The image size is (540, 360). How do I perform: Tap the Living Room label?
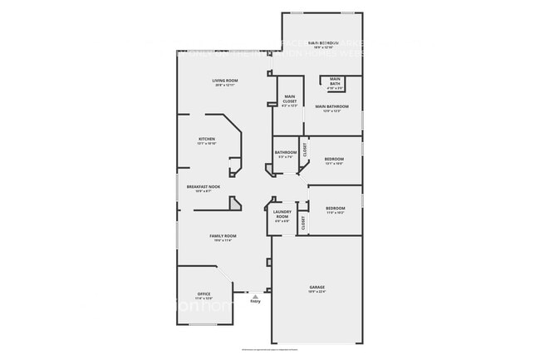[x=224, y=81]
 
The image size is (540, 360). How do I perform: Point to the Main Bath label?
[x=336, y=81]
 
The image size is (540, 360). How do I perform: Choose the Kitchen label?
[x=206, y=138]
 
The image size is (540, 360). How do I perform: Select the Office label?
[x=204, y=294]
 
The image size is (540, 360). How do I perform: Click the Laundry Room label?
[x=282, y=215]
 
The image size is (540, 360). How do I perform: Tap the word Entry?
[x=255, y=301]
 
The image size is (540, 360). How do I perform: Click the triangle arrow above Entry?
[x=256, y=294]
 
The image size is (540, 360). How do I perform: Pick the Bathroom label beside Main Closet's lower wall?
[x=286, y=152]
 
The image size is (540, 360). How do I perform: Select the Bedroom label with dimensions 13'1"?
[x=334, y=158]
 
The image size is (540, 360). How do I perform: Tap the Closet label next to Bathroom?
[x=305, y=150]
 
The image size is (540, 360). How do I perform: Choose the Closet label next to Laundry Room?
[x=303, y=222]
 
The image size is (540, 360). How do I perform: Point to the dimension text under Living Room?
[x=224, y=86]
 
